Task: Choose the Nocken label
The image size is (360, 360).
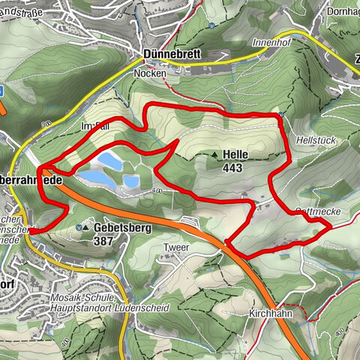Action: coord(149,75)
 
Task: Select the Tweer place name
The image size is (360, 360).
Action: coord(174,247)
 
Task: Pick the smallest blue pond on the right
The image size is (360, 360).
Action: coord(131,181)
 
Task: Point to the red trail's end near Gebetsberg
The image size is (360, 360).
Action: coord(31,232)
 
